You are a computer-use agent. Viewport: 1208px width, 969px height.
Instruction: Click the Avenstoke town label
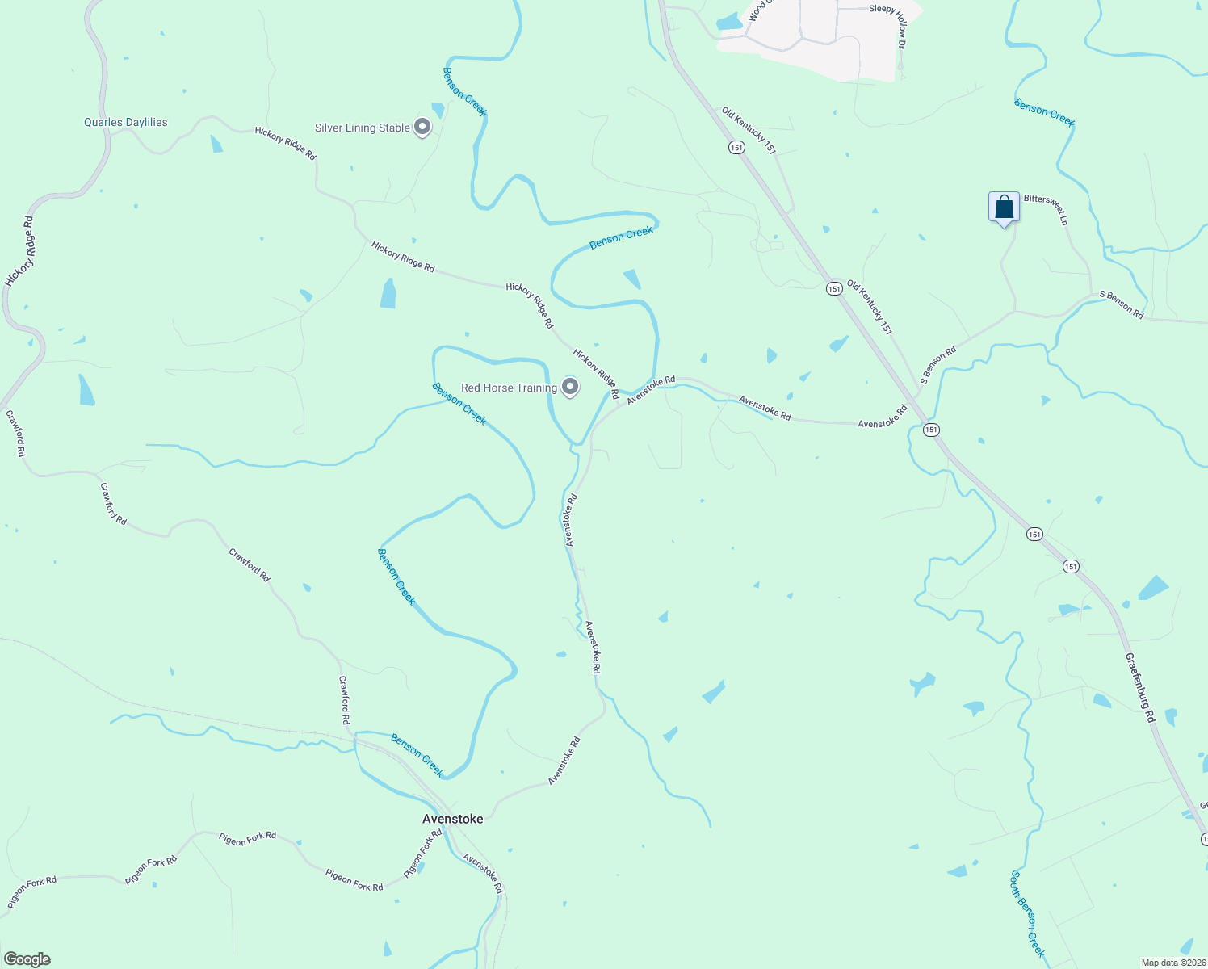click(x=452, y=819)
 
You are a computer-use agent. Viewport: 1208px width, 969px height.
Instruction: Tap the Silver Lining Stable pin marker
click(x=422, y=127)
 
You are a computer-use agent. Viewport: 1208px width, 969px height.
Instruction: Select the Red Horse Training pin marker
click(x=570, y=387)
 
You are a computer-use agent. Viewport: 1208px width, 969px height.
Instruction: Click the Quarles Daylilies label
click(x=126, y=123)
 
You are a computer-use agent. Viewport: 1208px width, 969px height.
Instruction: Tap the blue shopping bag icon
click(x=1004, y=207)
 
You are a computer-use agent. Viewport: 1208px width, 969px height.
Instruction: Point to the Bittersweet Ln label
click(x=1047, y=209)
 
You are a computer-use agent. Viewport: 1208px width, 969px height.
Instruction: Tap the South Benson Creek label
click(x=1027, y=913)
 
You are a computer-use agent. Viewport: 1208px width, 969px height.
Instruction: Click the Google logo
click(x=27, y=959)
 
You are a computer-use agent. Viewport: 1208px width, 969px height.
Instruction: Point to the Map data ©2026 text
click(x=1172, y=963)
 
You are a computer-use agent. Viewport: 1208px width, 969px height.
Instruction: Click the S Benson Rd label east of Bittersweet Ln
click(x=1122, y=305)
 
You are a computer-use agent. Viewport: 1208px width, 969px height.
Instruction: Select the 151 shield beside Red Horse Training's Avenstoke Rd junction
click(x=932, y=430)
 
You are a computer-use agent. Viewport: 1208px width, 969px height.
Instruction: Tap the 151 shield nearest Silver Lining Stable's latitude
click(x=736, y=147)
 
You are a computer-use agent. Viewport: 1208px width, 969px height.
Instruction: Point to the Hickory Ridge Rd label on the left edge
click(x=19, y=251)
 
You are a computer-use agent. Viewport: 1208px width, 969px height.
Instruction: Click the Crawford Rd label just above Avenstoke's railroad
click(x=344, y=699)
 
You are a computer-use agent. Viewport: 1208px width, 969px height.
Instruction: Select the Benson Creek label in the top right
click(x=1044, y=113)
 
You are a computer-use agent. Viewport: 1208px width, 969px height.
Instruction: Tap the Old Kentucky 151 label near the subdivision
click(x=749, y=130)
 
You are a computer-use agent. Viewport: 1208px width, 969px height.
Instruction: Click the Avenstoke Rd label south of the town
click(x=483, y=873)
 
